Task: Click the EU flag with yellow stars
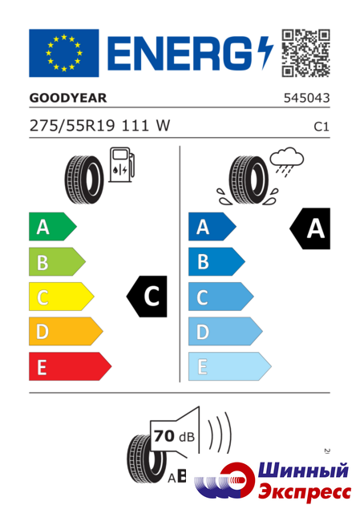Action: point(64,53)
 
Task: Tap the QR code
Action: point(305,53)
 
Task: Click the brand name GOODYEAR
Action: point(68,98)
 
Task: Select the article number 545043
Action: point(306,98)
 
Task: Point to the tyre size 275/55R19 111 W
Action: point(99,126)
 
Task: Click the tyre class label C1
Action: point(322,127)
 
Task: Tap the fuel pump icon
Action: point(121,164)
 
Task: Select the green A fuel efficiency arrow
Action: point(53,226)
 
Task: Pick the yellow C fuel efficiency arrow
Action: point(62,297)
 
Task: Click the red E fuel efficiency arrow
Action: point(70,366)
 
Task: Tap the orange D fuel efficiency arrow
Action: point(66,331)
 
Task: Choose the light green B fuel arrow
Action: point(57,262)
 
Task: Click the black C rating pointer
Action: point(147,297)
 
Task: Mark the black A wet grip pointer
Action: point(310,228)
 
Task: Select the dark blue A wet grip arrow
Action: point(212,226)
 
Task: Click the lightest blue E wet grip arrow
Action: point(230,366)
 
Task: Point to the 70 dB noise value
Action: point(174,436)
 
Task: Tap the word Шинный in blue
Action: point(303,471)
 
